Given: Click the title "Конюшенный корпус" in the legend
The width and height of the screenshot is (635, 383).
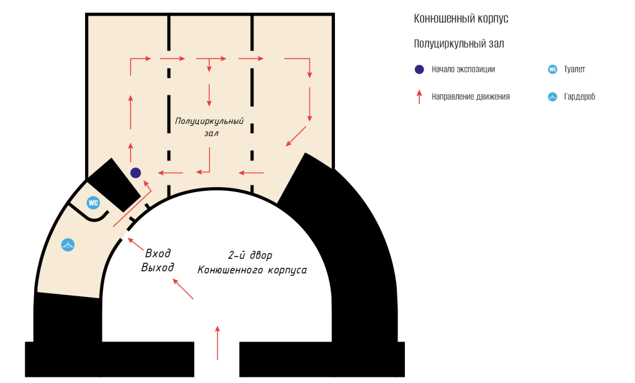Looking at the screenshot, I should [461, 19].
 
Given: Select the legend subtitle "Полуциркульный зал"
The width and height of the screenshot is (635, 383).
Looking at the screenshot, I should [459, 43].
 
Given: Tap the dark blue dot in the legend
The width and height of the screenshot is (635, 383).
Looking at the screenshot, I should [419, 69].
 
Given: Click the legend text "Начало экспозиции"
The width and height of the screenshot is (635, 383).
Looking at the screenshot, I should [463, 69].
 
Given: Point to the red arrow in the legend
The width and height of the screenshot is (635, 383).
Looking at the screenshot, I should [419, 96].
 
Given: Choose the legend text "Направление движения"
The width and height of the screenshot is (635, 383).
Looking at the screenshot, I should [471, 97].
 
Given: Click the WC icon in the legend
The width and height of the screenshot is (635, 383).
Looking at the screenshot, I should [553, 69].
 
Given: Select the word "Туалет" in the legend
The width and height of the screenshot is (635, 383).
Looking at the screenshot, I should [575, 69].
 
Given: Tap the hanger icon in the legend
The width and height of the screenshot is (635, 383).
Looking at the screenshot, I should [553, 97].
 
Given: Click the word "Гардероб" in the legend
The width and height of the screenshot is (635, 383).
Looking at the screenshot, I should [580, 97].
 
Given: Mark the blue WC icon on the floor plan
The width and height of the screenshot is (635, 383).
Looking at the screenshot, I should [93, 203].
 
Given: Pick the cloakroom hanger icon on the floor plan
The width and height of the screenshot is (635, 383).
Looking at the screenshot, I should [68, 245].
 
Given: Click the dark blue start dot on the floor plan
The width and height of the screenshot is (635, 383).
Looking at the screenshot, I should [136, 172].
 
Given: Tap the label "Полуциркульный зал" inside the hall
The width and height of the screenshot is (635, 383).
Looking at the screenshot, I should [210, 127].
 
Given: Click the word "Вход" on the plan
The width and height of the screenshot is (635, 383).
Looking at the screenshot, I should [158, 253].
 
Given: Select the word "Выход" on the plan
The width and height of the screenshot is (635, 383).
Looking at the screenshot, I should [158, 267].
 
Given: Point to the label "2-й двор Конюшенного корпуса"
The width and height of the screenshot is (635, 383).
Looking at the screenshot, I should [252, 263].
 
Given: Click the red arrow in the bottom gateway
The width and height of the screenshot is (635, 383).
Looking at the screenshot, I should [218, 342].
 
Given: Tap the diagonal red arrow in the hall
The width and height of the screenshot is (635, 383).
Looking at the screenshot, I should [296, 136].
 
